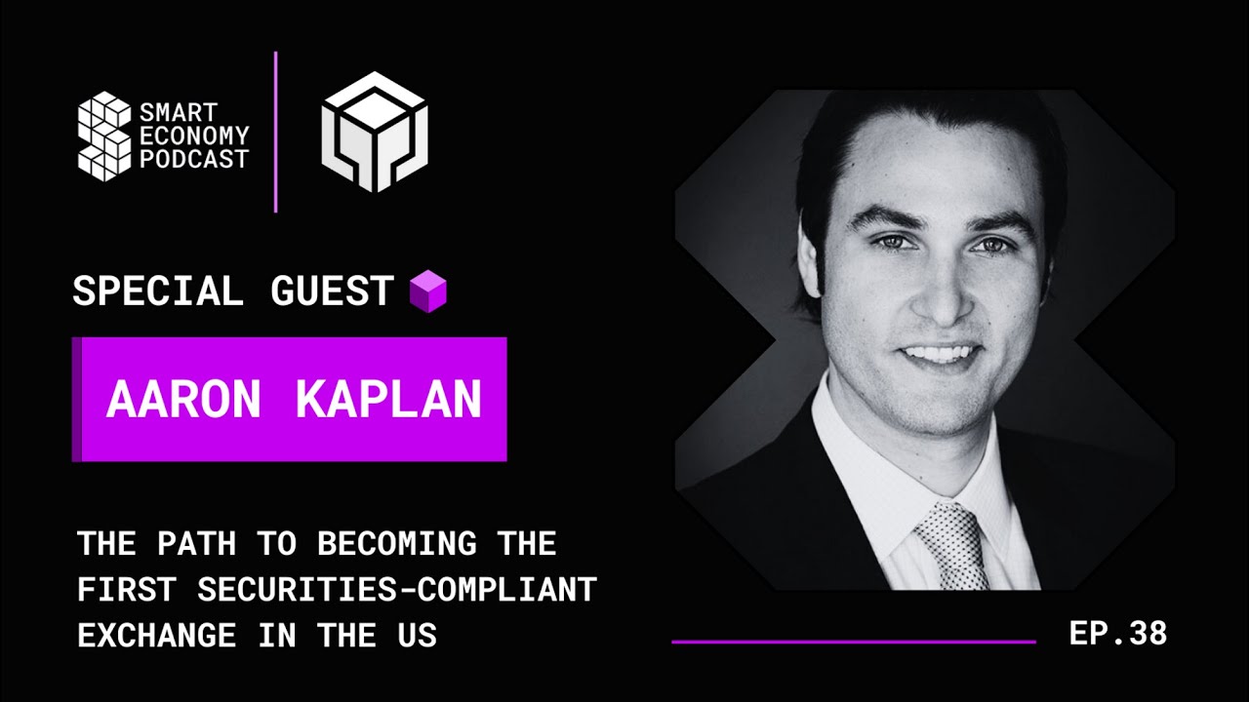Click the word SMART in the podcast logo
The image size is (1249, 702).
pyautogui.click(x=179, y=115)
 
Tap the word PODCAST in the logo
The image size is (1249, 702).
pyautogui.click(x=194, y=160)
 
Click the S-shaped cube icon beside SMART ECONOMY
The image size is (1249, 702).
pyautogui.click(x=104, y=135)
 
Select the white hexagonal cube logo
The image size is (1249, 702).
pyautogui.click(x=375, y=131)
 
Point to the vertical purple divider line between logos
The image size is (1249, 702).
pyautogui.click(x=276, y=131)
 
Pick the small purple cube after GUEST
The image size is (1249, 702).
pyautogui.click(x=427, y=292)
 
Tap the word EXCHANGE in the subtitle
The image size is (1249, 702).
pyautogui.click(x=157, y=636)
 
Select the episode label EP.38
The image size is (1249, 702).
pyautogui.click(x=1118, y=634)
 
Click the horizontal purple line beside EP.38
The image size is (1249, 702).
pyautogui.click(x=854, y=642)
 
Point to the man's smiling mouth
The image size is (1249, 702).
pyautogui.click(x=938, y=352)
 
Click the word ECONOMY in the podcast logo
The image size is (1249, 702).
pyautogui.click(x=194, y=137)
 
